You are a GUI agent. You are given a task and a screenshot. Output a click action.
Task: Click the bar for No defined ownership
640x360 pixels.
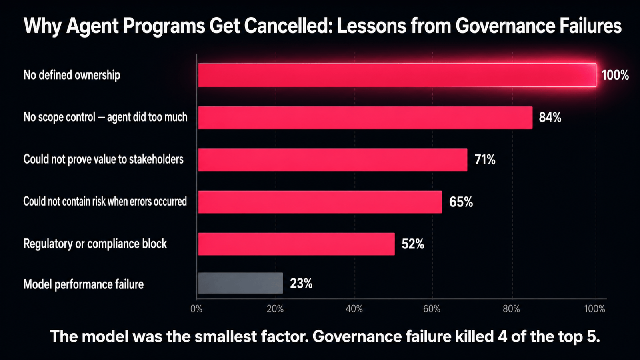point(397,75)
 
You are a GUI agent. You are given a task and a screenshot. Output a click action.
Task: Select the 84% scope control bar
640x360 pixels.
point(366,118)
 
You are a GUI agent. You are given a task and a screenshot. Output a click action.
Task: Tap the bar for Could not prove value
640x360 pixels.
point(333,160)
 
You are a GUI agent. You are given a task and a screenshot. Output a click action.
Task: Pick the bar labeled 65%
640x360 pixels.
point(320,202)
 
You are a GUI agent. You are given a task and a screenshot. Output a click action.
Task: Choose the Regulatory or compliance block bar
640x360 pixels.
point(296,244)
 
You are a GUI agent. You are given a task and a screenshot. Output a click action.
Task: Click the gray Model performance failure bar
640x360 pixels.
point(240,283)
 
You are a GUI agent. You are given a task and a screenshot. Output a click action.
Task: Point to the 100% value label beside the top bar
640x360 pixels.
point(615,75)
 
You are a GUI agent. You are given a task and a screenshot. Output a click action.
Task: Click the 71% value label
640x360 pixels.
point(485,160)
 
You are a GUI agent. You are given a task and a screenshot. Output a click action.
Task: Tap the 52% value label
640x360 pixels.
point(413,244)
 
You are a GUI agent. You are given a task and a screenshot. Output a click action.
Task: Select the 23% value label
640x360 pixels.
point(301,284)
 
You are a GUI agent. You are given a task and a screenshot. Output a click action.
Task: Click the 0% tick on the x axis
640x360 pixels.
point(196,309)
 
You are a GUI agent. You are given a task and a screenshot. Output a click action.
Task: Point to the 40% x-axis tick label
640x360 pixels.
point(354,309)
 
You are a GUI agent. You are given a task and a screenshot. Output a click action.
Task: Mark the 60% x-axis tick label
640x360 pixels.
point(432,309)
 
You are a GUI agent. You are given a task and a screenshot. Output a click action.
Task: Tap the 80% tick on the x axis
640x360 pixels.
point(512,309)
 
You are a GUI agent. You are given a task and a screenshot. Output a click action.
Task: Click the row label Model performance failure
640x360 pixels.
point(84,284)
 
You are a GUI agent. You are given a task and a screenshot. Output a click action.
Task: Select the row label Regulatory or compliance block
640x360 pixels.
point(95,244)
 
